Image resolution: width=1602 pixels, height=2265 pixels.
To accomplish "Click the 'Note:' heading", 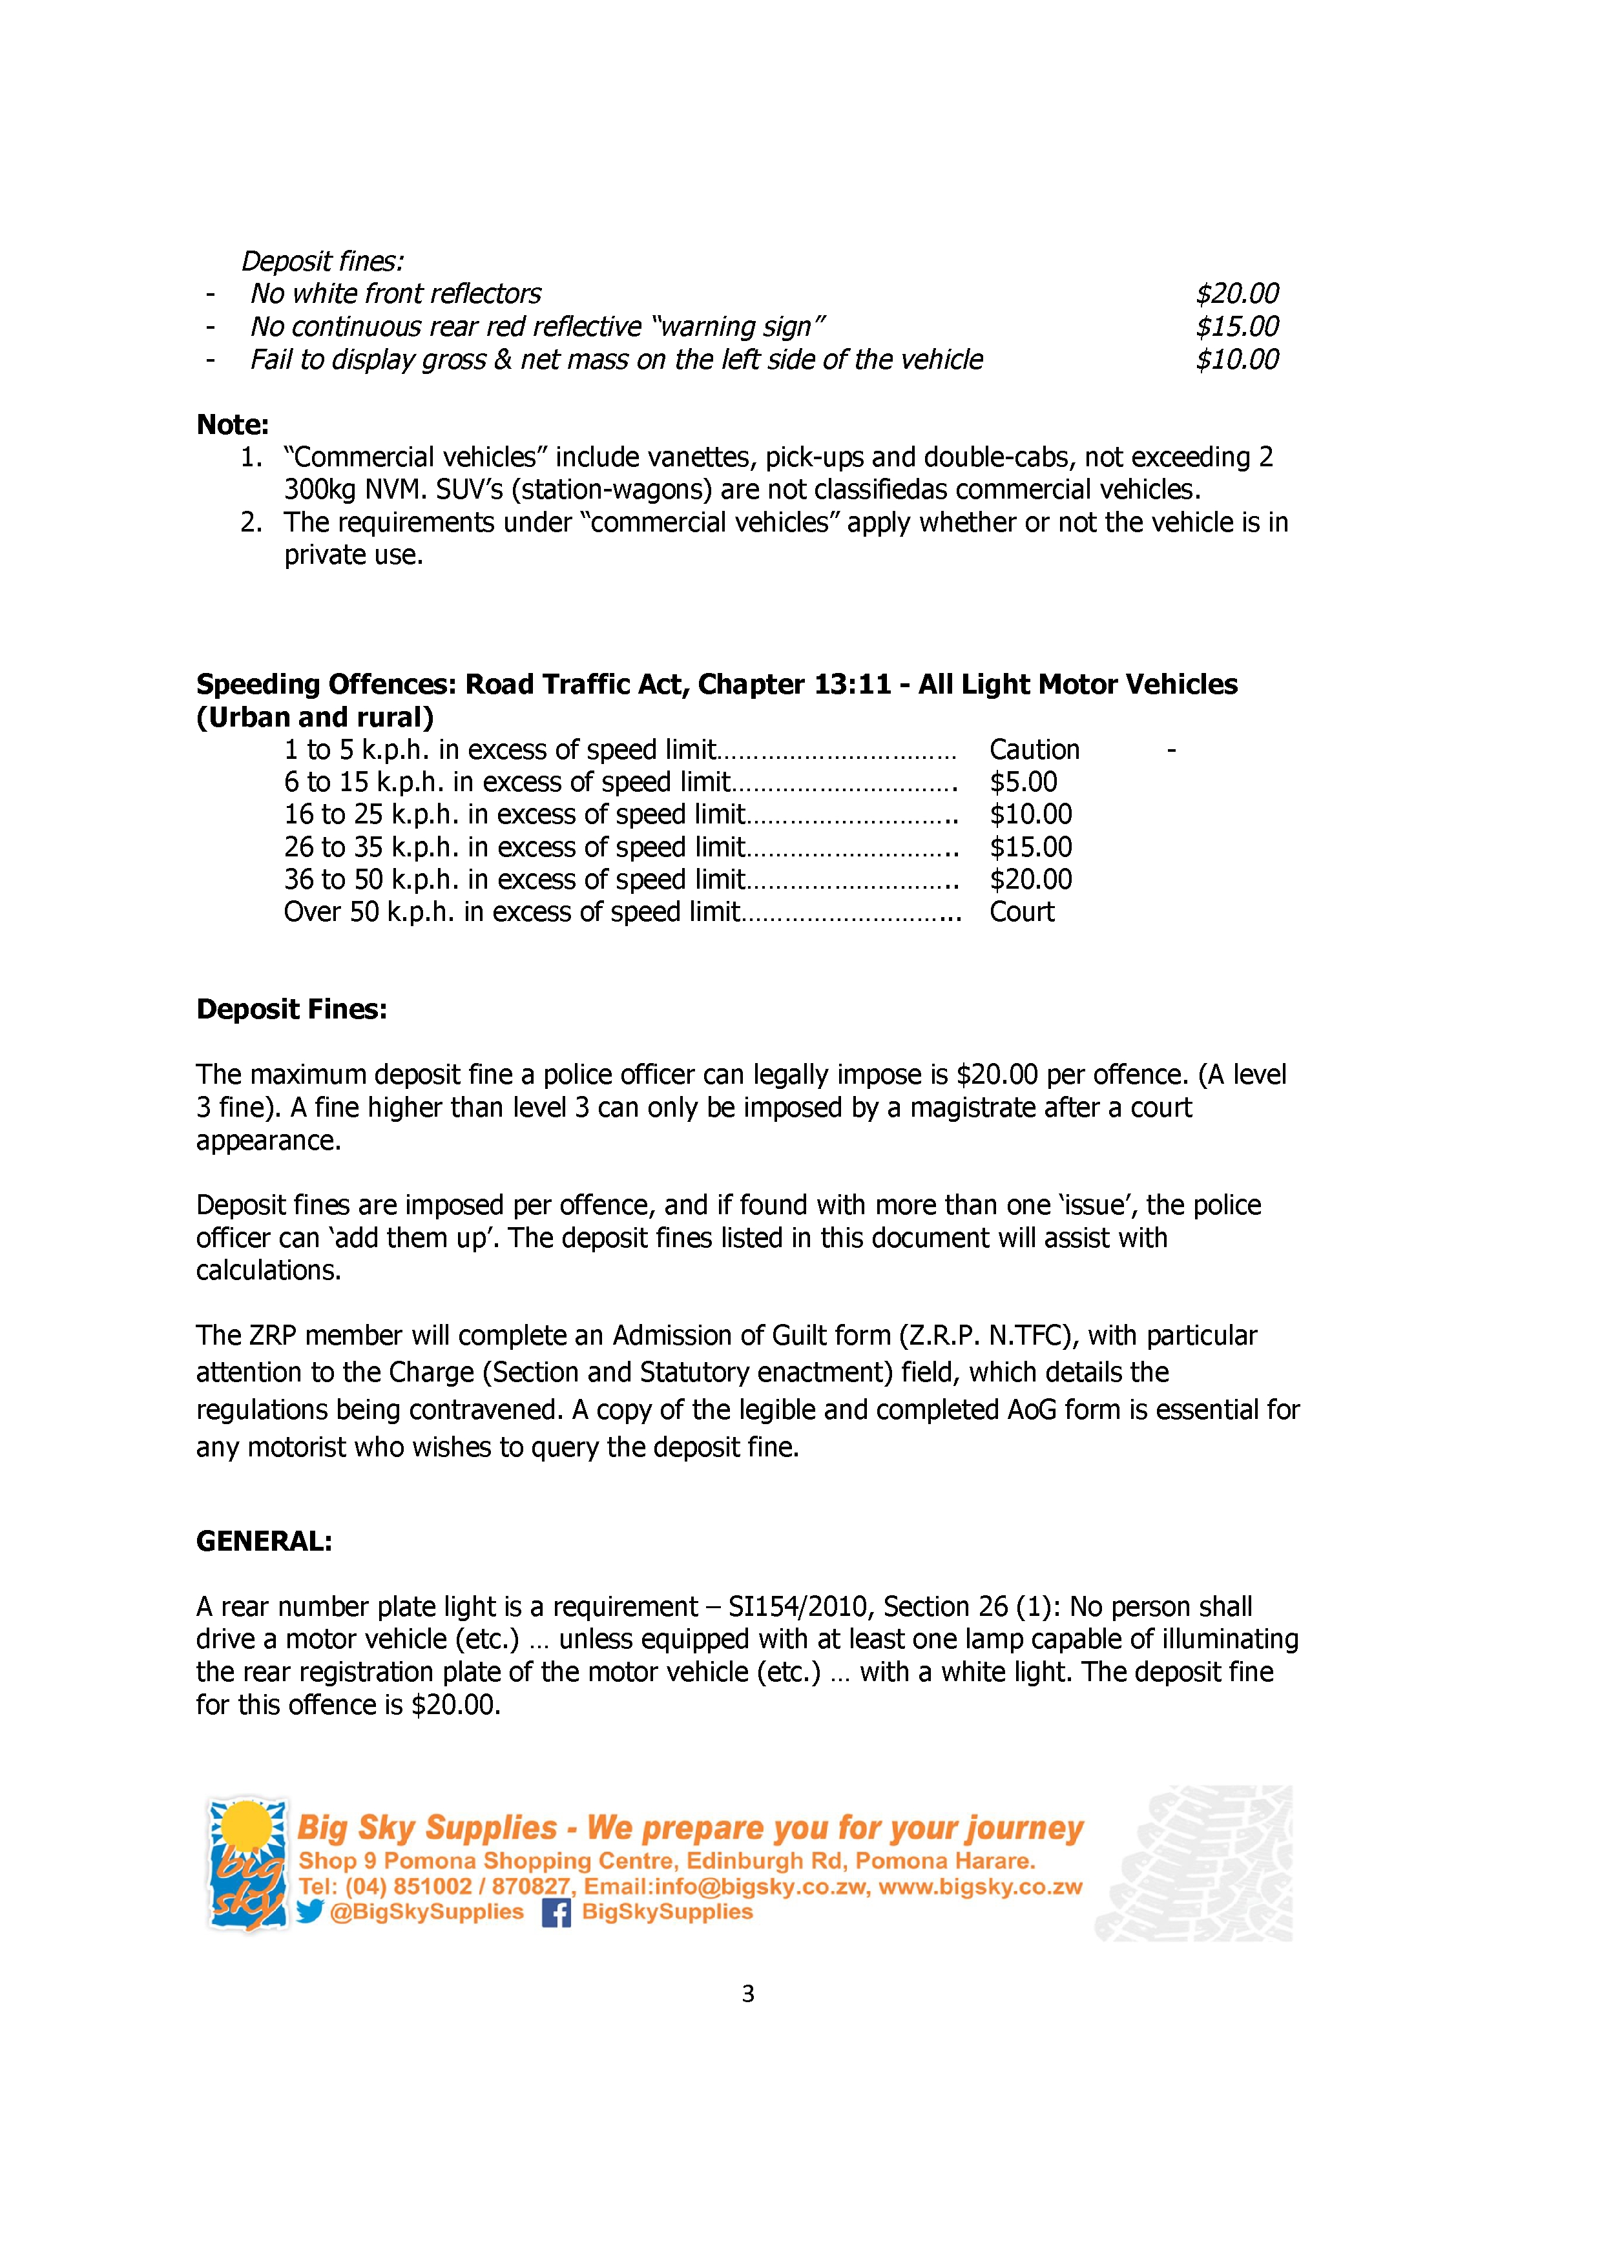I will [x=233, y=424].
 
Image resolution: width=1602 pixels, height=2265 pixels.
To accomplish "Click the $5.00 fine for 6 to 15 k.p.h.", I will [x=1023, y=782].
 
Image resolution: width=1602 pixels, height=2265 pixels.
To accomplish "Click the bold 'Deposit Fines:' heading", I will [x=292, y=1009].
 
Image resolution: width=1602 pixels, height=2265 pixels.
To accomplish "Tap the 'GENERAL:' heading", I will [x=264, y=1541].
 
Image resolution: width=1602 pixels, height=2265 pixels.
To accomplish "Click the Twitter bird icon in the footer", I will [x=310, y=1912].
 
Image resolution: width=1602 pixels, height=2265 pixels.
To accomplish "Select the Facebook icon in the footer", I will [x=556, y=1913].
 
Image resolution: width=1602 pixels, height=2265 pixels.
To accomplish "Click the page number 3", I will [x=748, y=1994].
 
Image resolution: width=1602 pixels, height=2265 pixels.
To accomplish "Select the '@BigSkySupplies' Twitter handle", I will [x=426, y=1912].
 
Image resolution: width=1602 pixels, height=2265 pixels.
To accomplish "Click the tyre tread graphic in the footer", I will [x=1196, y=1865].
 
